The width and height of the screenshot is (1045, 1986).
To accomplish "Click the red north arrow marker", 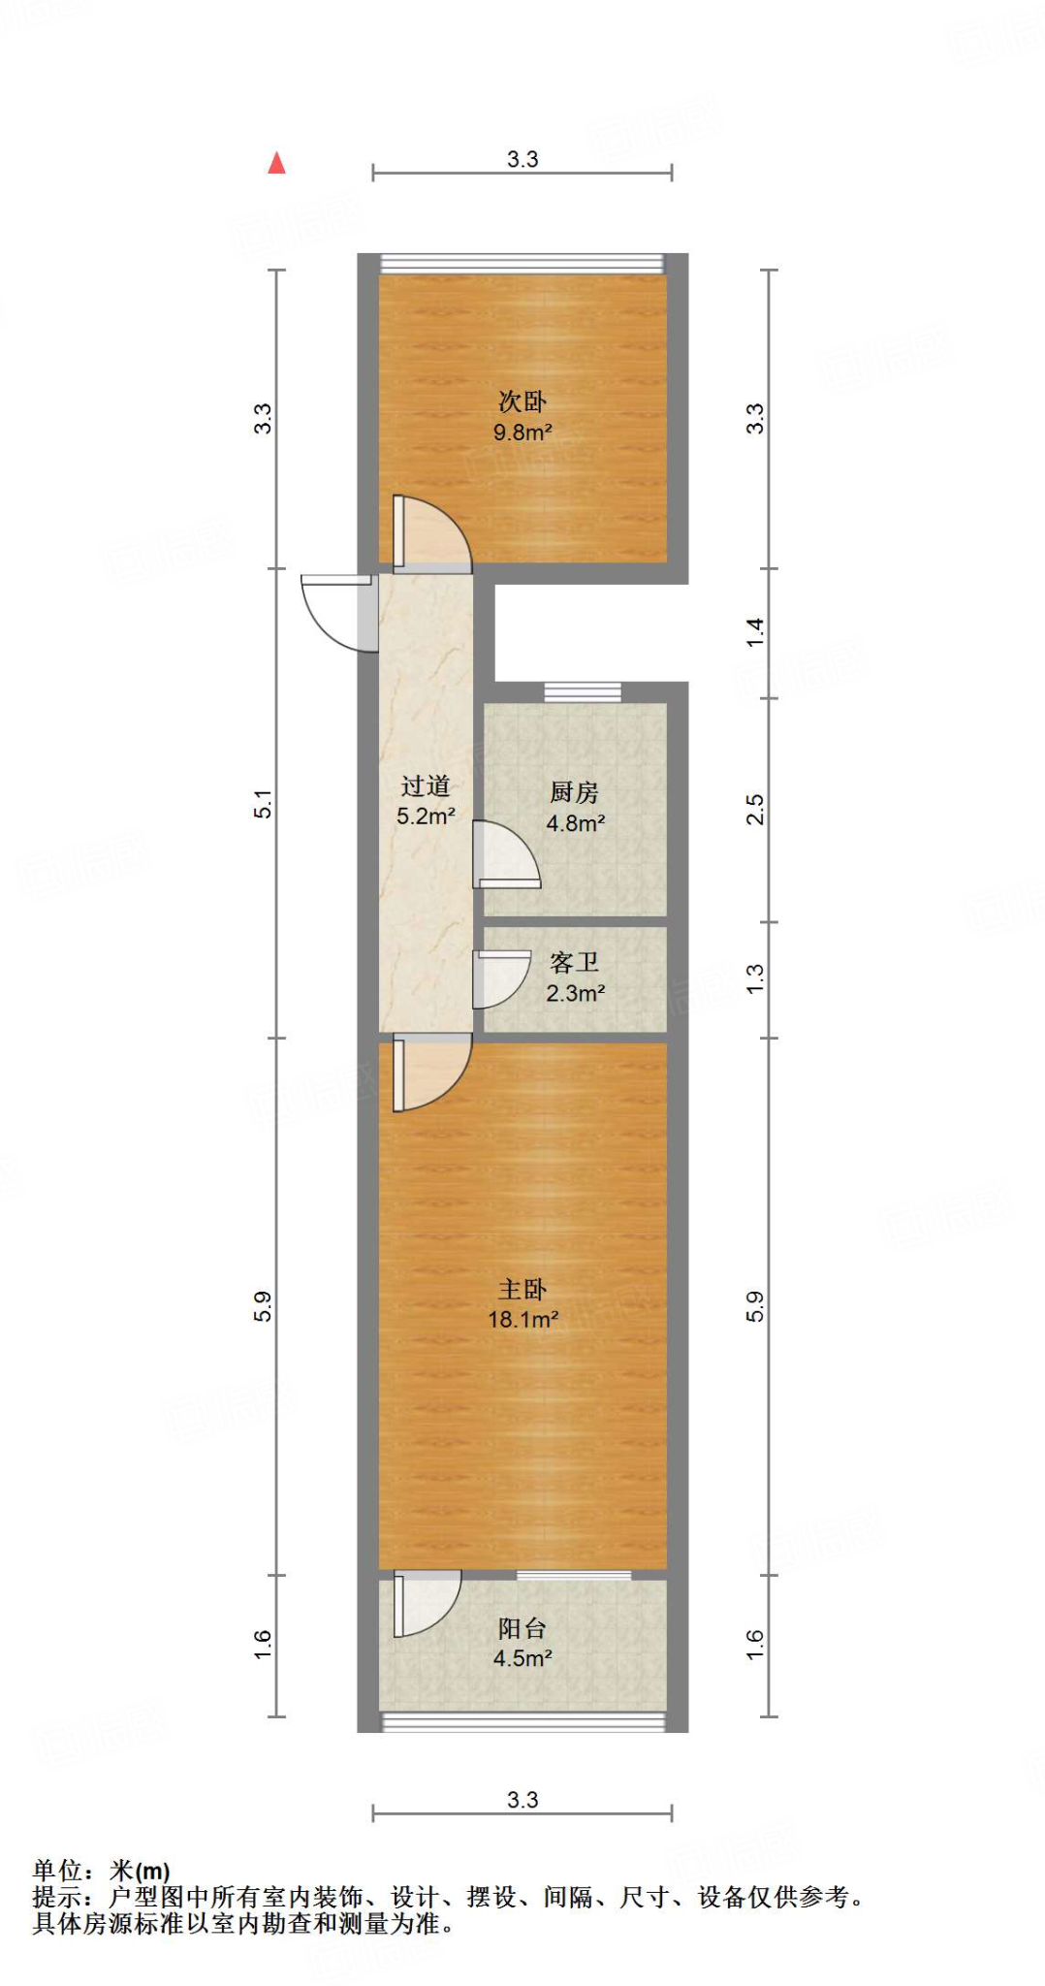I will pyautogui.click(x=276, y=163).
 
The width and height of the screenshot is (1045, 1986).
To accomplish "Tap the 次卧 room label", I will pyautogui.click(x=522, y=401).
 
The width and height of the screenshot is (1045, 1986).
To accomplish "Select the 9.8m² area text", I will pyautogui.click(x=522, y=432).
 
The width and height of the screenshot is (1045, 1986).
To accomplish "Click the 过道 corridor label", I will pyautogui.click(x=426, y=785).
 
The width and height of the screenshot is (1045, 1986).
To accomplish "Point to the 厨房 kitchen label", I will pyautogui.click(x=575, y=792).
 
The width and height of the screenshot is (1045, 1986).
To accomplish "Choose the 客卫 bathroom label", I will pyautogui.click(x=575, y=962).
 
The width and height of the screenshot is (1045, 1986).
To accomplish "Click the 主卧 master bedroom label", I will pyautogui.click(x=522, y=1289).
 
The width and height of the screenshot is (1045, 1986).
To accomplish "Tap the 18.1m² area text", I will pyautogui.click(x=522, y=1319).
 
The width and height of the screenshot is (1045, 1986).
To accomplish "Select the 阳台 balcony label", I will pyautogui.click(x=522, y=1628).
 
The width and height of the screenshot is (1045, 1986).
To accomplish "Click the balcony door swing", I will pyautogui.click(x=425, y=1604).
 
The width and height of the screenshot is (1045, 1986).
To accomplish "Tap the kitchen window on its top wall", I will pyautogui.click(x=582, y=691).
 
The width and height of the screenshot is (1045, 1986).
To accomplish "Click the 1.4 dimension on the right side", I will pyautogui.click(x=755, y=632).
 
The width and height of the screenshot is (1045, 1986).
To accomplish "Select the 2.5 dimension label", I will pyautogui.click(x=755, y=809).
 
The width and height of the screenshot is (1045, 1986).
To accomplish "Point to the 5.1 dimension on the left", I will pyautogui.click(x=263, y=804).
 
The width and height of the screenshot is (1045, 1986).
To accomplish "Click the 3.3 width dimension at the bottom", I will pyautogui.click(x=522, y=1800).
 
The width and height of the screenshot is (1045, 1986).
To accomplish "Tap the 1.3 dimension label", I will pyautogui.click(x=755, y=977).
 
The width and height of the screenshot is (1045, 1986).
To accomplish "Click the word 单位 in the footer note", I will pyautogui.click(x=56, y=1870).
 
